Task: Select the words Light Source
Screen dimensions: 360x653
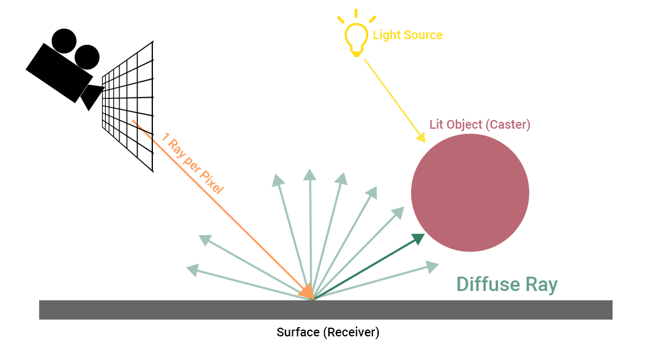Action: coord(407,35)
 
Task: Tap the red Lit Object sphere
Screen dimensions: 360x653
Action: coord(470,193)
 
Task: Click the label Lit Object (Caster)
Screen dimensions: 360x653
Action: coord(479,124)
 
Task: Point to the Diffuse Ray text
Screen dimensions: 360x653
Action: coord(507,285)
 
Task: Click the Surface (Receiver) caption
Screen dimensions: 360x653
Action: coord(327,332)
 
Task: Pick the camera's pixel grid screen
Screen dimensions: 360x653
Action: coord(128,106)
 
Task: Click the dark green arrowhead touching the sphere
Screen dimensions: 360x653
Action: coord(418,239)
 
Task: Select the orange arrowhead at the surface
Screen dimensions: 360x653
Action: coord(305,291)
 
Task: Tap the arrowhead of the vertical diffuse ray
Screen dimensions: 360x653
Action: coord(309,175)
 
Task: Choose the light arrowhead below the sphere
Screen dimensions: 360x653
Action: coord(432,266)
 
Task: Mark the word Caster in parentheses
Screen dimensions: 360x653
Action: coord(508,124)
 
